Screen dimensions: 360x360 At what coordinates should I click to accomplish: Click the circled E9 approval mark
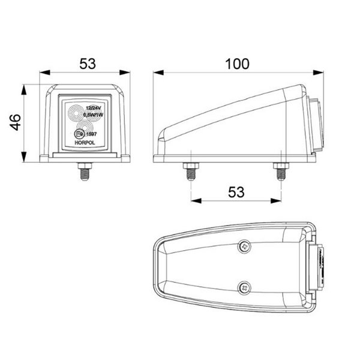[x=78, y=134]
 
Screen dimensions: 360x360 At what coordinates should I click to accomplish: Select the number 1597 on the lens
[x=91, y=135]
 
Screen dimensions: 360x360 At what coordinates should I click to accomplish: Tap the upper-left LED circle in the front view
[x=76, y=112]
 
